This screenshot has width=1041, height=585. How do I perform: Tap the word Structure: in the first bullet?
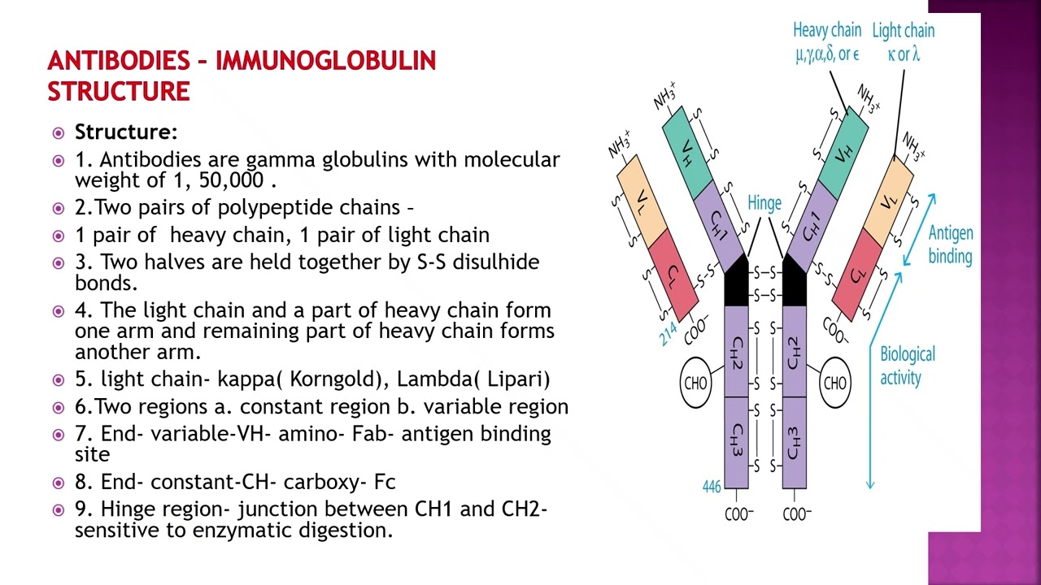coord(126,132)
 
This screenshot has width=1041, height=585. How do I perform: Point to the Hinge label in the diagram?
coord(764,203)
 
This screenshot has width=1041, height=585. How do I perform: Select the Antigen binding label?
coord(950,245)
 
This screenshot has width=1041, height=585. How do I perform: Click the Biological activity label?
coord(907,366)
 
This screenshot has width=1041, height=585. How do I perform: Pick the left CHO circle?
coord(696,383)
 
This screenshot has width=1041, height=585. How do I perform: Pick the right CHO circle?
coord(834,383)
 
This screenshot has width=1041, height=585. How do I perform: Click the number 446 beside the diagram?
coord(712,487)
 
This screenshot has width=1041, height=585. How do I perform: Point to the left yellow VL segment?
coord(643,200)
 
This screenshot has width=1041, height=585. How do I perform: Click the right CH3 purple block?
coord(795,443)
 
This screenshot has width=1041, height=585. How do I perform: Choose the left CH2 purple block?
coord(736,351)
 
